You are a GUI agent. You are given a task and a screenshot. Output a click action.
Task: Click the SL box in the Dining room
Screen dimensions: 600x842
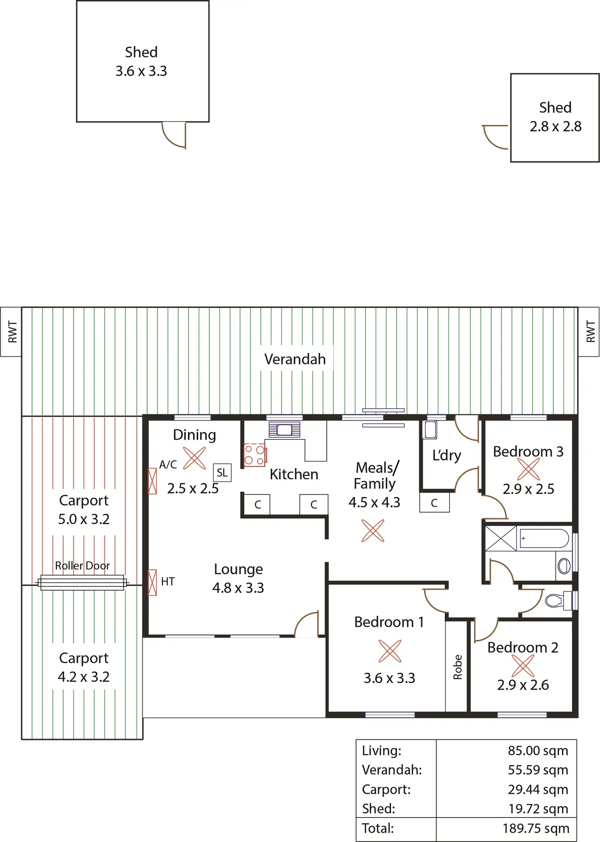(222, 473)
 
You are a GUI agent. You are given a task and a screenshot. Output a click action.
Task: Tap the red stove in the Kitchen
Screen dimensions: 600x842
(255, 455)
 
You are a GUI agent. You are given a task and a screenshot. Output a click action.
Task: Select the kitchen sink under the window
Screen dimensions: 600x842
(285, 430)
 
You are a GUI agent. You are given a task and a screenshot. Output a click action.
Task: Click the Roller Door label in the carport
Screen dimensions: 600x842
(82, 565)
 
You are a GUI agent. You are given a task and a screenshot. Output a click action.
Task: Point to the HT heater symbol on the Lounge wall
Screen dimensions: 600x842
(152, 582)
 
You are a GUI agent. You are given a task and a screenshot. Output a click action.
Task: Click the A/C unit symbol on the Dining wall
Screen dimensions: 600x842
(152, 481)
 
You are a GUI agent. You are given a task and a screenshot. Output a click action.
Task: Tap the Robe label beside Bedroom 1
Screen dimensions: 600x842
(457, 667)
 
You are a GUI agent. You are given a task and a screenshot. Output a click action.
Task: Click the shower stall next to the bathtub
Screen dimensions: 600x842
(501, 538)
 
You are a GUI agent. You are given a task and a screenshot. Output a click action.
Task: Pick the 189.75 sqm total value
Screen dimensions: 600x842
(536, 828)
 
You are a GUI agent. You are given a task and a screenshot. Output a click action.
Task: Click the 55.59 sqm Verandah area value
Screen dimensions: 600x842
(538, 769)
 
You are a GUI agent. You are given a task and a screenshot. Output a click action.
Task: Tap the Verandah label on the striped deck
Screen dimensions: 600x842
(295, 359)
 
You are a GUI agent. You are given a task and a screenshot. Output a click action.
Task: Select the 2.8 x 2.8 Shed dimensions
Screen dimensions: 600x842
(555, 126)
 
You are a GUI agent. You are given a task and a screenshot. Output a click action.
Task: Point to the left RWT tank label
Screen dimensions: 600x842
(11, 332)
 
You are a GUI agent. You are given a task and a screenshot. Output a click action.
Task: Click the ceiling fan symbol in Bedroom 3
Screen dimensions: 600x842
(528, 469)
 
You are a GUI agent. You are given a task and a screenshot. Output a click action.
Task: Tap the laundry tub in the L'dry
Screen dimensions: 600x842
(430, 430)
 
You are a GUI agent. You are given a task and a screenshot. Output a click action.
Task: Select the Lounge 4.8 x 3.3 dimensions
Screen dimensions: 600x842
(238, 588)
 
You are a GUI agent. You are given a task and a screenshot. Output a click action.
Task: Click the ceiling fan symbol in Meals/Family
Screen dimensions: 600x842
(373, 531)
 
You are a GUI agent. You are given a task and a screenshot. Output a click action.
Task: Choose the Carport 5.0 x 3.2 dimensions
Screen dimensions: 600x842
(84, 519)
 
